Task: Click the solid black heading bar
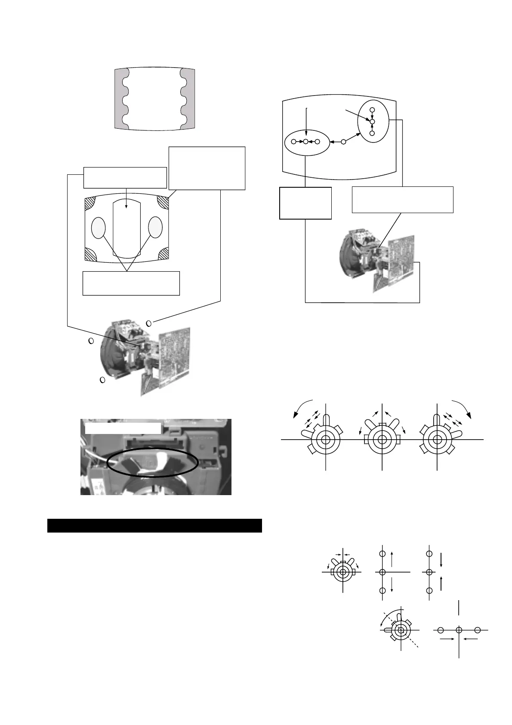point(154,526)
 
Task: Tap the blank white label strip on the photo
point(123,428)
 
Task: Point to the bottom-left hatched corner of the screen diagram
point(91,254)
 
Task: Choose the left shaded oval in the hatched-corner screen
point(99,228)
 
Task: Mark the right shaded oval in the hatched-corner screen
point(155,228)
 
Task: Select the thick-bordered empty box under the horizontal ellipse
point(305,203)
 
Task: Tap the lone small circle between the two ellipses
point(343,142)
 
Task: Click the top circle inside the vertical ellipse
point(373,110)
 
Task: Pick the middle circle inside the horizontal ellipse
point(305,141)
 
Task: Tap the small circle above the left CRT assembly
point(149,323)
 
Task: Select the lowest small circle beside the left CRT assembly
point(102,380)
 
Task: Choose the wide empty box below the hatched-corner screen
point(131,283)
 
